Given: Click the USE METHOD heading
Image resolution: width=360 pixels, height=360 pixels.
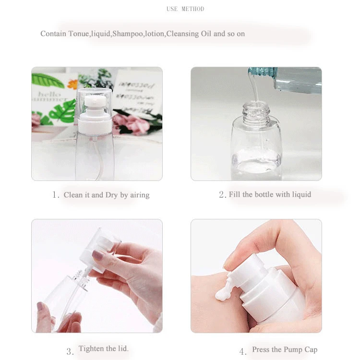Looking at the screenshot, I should click(x=185, y=9).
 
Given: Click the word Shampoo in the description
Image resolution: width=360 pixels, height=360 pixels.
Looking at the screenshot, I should click(x=128, y=34).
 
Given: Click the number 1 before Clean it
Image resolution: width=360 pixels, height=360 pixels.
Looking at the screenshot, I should click(x=55, y=195).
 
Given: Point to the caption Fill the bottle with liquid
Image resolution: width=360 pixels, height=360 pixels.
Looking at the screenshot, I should click(x=270, y=194).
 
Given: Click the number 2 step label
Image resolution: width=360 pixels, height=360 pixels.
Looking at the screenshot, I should click(x=222, y=195).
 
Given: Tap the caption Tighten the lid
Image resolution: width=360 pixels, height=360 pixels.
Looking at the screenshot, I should click(x=103, y=348).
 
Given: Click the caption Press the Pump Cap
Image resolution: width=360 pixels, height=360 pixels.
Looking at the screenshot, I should click(x=285, y=349).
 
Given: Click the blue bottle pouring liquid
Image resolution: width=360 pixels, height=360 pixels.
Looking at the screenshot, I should click(x=293, y=79).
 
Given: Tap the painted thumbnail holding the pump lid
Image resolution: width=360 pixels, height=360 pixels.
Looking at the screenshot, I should click(x=97, y=255).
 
